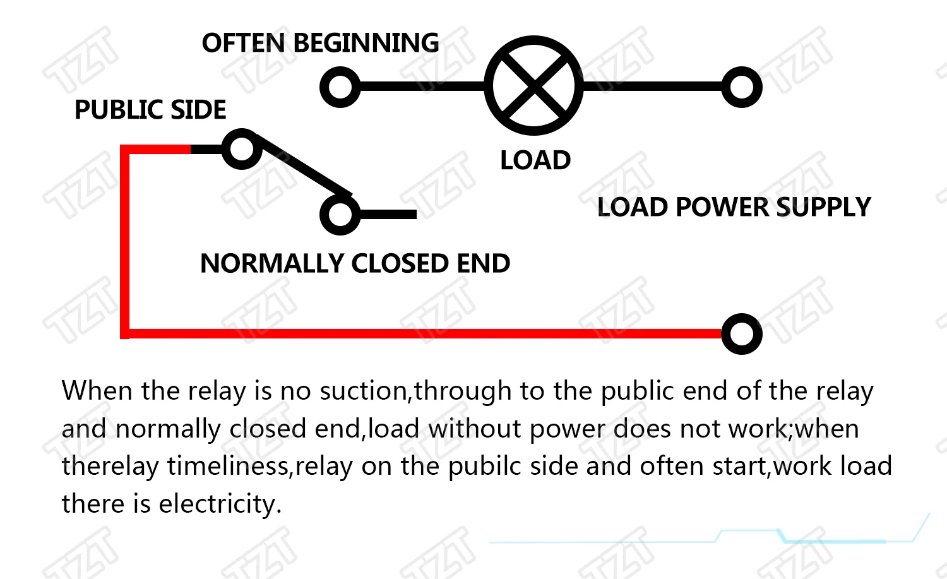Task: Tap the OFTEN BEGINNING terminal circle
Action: (340, 87)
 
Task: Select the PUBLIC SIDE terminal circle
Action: (242, 149)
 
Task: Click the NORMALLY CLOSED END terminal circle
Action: (340, 214)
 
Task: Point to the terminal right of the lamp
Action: (742, 87)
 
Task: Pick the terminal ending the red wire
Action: (742, 333)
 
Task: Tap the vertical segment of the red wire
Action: (125, 240)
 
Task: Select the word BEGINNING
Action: (366, 43)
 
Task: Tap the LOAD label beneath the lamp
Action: (535, 160)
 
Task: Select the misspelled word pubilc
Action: (485, 467)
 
